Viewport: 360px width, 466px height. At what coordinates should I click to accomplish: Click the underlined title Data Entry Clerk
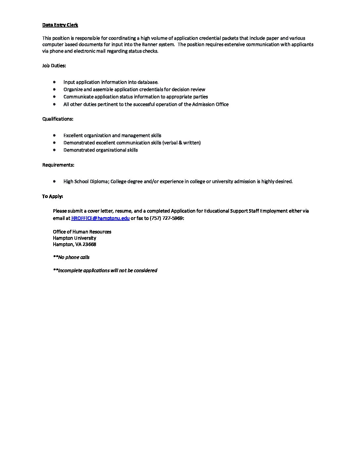click(60, 25)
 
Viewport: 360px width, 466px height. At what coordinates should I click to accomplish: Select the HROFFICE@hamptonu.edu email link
click(100, 218)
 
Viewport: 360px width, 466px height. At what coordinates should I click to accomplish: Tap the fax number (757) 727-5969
click(166, 218)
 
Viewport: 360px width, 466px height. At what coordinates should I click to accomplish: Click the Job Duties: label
click(54, 66)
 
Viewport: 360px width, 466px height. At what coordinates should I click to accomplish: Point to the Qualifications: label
click(58, 119)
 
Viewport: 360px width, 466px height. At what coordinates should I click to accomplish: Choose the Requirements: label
click(58, 165)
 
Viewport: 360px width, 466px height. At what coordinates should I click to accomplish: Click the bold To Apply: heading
click(52, 197)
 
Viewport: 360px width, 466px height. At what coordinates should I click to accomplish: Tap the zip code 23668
click(89, 245)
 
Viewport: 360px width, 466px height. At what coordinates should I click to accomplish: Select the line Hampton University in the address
click(74, 238)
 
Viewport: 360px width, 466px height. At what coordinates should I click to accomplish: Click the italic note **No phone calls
click(71, 257)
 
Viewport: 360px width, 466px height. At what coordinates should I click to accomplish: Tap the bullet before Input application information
click(54, 82)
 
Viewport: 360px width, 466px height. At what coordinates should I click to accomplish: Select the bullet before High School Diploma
click(54, 181)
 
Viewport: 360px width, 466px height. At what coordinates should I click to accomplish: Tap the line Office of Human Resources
click(82, 232)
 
